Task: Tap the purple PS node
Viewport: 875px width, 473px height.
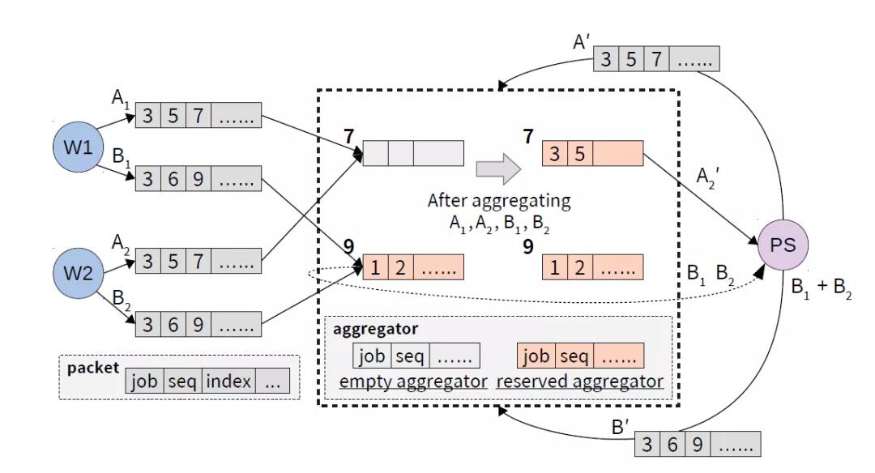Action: click(x=783, y=245)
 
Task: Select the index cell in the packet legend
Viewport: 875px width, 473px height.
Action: click(x=228, y=382)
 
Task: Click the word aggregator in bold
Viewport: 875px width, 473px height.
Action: click(x=376, y=330)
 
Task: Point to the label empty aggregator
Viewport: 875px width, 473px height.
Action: click(x=413, y=381)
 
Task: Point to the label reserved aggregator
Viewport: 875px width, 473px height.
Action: click(x=580, y=381)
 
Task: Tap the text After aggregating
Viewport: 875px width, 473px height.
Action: click(x=499, y=200)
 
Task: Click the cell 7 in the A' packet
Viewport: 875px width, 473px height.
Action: click(x=656, y=59)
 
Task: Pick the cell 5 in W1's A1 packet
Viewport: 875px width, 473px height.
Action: click(x=173, y=116)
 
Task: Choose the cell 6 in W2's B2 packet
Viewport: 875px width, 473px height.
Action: click(x=173, y=326)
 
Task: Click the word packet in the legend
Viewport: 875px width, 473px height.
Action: click(x=92, y=368)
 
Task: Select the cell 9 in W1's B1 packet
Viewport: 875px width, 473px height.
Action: click(x=198, y=178)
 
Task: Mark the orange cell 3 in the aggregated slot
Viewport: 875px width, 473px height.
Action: click(x=555, y=154)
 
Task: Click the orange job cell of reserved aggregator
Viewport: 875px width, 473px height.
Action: click(x=535, y=356)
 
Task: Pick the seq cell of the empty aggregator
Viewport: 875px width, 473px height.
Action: click(x=411, y=356)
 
